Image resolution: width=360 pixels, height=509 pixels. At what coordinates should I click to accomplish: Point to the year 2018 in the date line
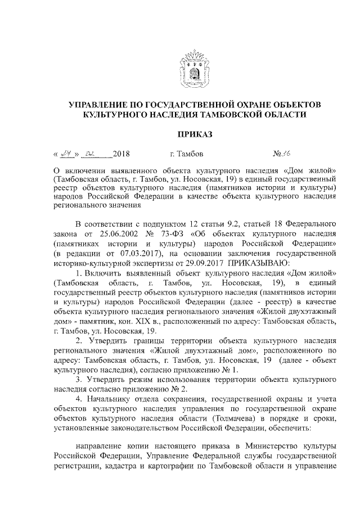(x=121, y=154)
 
